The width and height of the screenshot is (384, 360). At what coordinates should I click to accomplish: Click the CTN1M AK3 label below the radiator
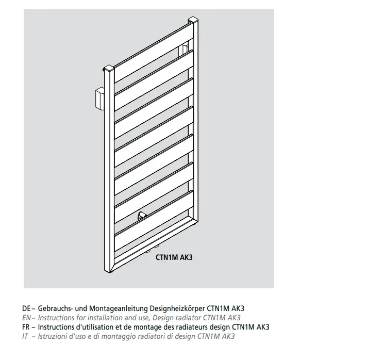point(174,257)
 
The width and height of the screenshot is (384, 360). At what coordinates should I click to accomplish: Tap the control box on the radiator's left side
point(99,99)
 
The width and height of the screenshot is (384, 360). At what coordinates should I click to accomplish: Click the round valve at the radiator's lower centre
point(142,216)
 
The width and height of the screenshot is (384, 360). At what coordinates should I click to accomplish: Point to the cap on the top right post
point(193,20)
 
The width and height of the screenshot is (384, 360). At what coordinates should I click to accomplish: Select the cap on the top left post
point(109,69)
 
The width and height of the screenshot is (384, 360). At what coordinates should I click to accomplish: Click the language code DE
point(26,308)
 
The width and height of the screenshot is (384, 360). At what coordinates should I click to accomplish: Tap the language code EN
point(26,318)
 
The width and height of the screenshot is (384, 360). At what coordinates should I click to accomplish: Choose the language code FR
point(26,327)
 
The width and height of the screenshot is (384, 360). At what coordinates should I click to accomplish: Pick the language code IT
point(25,336)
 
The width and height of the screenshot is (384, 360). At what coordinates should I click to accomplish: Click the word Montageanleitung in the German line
point(118,308)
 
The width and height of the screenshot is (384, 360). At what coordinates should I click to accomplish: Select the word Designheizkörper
point(177,308)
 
